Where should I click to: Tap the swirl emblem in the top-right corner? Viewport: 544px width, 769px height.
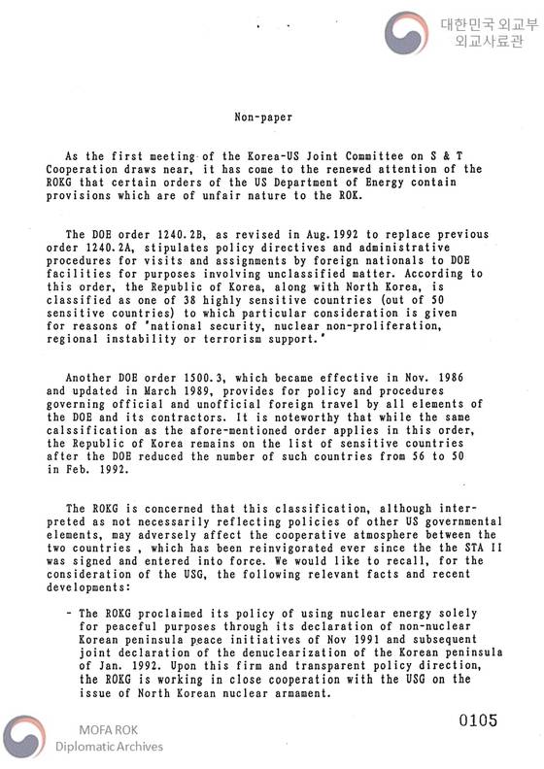(408, 33)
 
